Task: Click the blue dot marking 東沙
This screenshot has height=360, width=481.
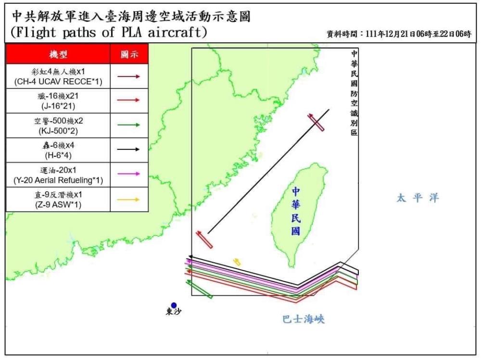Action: pos(174,305)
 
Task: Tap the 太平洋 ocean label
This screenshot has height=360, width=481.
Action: pos(418,198)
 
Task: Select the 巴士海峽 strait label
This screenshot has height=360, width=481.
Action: pos(304,319)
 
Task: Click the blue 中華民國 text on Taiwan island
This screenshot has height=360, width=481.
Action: pos(296,211)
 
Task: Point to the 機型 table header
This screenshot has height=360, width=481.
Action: pos(58,54)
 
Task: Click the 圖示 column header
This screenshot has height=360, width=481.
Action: pos(129,54)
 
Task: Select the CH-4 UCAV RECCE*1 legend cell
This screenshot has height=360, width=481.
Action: pos(58,76)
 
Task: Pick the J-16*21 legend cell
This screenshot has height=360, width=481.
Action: pos(58,100)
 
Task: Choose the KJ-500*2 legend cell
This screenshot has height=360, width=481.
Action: pos(58,125)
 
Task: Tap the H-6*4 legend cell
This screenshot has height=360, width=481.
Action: pos(58,150)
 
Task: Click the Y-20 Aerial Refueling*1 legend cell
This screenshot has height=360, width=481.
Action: pos(58,175)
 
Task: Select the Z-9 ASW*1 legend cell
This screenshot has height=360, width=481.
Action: pos(58,199)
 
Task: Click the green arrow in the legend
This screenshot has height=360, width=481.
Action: pos(129,125)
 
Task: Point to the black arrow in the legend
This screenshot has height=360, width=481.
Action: pos(129,149)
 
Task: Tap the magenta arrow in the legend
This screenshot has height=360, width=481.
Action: pos(129,174)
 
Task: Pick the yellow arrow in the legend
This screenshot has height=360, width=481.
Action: pos(129,199)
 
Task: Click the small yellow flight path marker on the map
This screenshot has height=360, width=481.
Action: pos(237,261)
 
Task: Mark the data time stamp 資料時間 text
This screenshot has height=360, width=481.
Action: pos(399,34)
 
